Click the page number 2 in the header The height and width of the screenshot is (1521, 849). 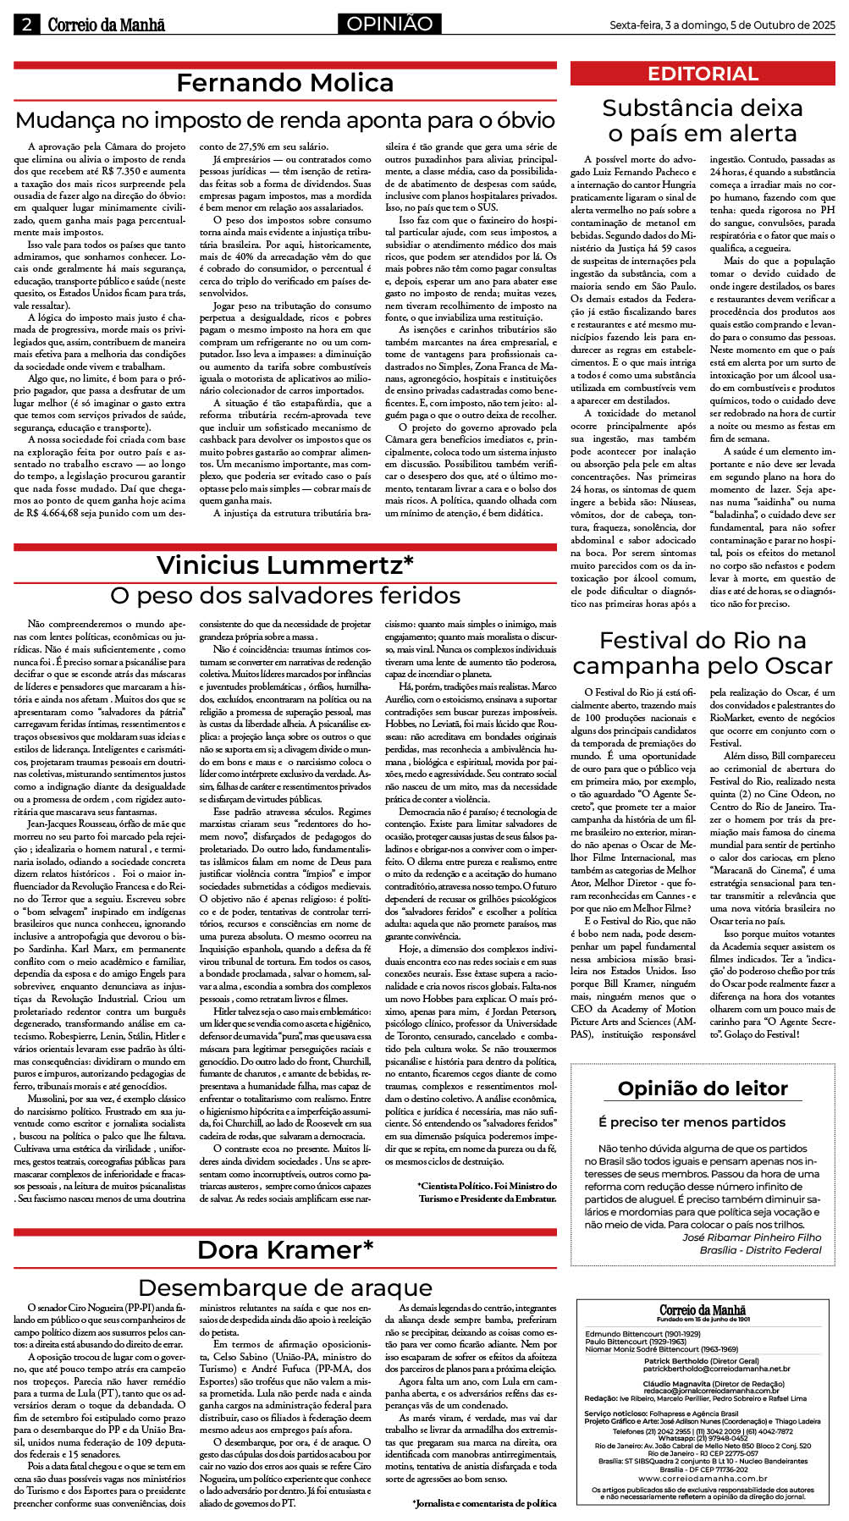26,25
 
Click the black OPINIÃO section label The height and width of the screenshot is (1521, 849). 389,25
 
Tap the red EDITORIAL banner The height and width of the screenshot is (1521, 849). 703,74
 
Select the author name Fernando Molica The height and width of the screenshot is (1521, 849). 285,83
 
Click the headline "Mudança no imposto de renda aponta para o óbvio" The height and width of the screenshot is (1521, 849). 285,120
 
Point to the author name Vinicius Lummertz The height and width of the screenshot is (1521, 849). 285,565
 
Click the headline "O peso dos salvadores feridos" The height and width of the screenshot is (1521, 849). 285,596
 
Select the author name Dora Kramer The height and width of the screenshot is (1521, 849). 285,1250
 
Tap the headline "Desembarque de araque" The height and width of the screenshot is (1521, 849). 285,1288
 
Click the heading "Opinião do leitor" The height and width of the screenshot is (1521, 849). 703,1088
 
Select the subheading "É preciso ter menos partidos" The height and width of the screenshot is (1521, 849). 692,1122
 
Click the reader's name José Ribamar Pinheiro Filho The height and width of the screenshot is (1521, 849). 752,1237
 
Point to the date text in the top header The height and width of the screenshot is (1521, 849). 722,25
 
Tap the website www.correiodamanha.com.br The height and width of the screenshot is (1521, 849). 703,1479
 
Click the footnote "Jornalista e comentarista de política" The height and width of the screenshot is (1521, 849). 484,1503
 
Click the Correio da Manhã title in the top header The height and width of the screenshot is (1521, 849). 106,25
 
